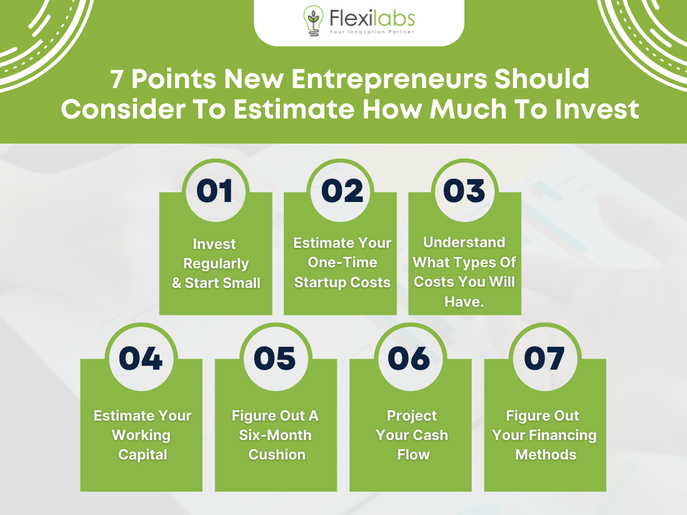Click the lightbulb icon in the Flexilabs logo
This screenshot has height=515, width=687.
[x=313, y=21]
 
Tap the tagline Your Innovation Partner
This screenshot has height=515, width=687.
[x=372, y=32]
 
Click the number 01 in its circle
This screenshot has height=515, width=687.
[x=215, y=191]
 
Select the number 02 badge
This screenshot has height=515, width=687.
[x=342, y=191]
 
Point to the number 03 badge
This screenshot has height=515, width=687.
[x=464, y=191]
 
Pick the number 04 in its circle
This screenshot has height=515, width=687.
[x=140, y=358]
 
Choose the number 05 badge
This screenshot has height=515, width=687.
[x=275, y=358]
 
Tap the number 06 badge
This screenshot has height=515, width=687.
[x=409, y=358]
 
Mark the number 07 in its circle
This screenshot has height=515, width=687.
[x=544, y=358]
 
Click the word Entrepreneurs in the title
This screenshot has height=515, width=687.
[x=389, y=80]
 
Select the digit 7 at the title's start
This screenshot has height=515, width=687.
[x=116, y=79]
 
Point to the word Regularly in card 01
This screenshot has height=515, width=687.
[x=216, y=264]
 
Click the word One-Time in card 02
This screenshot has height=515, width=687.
[x=342, y=262]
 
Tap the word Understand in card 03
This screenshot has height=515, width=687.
[x=464, y=242]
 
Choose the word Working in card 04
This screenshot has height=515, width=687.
[x=141, y=435]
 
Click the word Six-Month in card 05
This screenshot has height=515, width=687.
[x=275, y=435]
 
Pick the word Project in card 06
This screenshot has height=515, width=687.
[x=412, y=416]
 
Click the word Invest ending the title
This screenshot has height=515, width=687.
[x=597, y=109]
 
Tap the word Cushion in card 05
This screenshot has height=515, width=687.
[x=277, y=455]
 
